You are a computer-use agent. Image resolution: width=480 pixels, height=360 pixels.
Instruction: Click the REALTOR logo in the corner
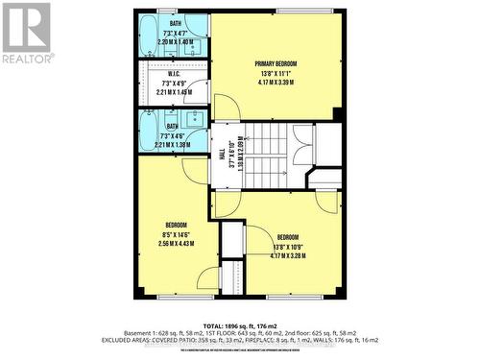[x=26, y=34]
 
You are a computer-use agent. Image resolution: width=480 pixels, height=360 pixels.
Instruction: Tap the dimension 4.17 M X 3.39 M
[x=276, y=83]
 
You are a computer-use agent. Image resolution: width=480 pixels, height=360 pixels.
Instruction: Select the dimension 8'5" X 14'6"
[x=175, y=233]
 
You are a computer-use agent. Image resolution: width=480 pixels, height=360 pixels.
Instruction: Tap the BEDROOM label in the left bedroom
[x=175, y=223]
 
